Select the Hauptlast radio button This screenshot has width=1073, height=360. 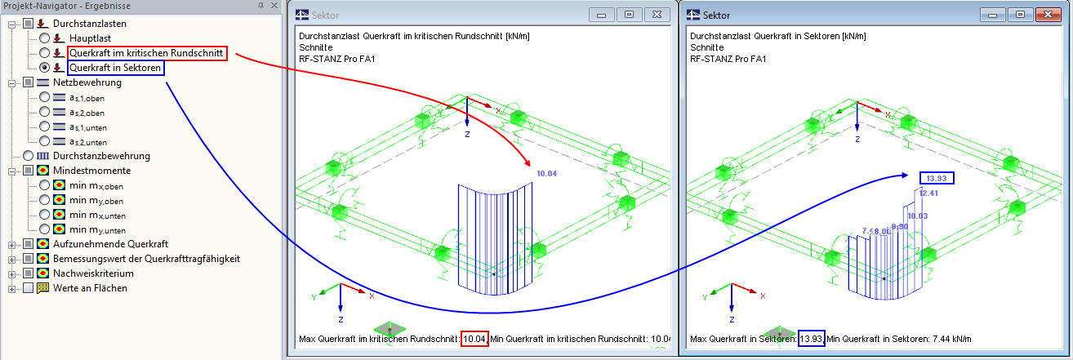45,38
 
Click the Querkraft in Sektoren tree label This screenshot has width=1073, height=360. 115,68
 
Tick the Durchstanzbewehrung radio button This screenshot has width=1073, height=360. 29,156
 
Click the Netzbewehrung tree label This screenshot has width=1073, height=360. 87,82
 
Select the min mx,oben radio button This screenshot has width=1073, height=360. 45,185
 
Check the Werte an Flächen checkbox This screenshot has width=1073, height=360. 29,288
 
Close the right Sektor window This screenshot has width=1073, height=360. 1044,15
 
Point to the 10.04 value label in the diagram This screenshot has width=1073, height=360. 546,173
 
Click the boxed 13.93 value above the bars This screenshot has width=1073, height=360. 936,178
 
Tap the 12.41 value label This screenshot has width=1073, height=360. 928,193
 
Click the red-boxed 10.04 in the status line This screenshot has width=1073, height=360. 474,339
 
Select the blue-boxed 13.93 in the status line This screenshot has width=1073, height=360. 810,339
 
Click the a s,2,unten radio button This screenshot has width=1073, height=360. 45,141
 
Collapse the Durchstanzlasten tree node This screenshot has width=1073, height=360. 12,24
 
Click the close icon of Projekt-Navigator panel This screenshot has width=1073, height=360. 274,5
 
